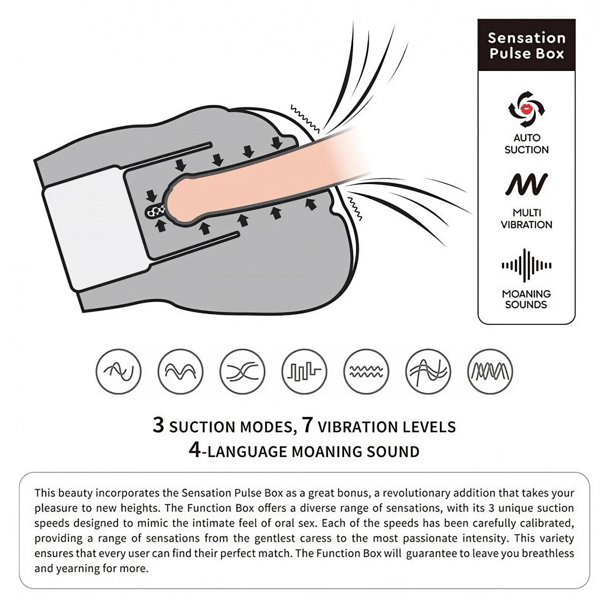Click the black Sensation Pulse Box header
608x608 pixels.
click(526, 45)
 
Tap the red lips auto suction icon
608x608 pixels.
click(527, 109)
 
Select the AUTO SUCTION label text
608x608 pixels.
click(527, 143)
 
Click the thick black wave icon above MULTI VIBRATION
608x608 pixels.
click(527, 184)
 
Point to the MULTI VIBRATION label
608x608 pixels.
click(527, 218)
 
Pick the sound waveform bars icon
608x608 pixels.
click(527, 265)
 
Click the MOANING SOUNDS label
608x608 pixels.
click(526, 299)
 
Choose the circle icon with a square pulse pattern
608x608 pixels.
click(304, 371)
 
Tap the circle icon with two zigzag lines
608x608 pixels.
click(366, 371)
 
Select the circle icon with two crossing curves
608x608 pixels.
click(242, 371)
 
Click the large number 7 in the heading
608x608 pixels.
click(308, 425)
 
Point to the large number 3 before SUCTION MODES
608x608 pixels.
click(158, 425)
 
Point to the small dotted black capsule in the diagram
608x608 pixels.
click(156, 211)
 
